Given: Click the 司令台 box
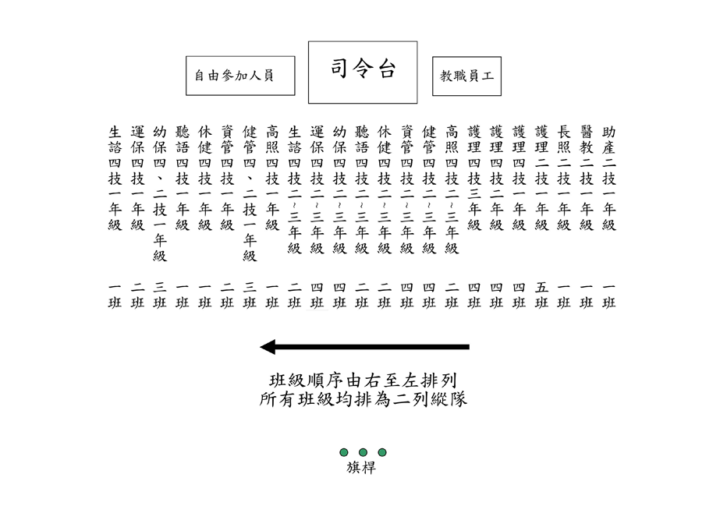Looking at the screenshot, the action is pos(363,73).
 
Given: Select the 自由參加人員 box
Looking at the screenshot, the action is pos(240,76).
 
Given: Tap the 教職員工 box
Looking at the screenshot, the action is pos(467,76).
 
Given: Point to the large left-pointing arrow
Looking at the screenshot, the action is pos(364,347).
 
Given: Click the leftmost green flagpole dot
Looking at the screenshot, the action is pos(343,452).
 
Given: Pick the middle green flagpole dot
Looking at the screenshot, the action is pos(363,452).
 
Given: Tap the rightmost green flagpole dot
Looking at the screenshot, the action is pos(382,452).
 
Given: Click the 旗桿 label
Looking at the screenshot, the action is pos(361,468).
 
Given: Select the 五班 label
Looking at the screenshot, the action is pos(541,295).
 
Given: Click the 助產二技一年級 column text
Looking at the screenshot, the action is pos(608,179).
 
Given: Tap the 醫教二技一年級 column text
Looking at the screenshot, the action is pos(587,179).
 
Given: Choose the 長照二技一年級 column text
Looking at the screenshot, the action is pos(564,179).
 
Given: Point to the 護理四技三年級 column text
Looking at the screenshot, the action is pos(473,179).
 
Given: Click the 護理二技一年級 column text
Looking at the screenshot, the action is pos(541,179).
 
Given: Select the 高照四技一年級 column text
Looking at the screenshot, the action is pos(272,179).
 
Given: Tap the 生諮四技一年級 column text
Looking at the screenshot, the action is pos(115,179).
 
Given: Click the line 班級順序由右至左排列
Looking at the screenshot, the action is pos(363,381).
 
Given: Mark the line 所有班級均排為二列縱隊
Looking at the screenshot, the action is pos(363,399).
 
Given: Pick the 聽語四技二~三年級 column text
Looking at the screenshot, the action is pos(362,190).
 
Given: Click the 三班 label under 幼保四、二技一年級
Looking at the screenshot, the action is pos(160,295).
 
